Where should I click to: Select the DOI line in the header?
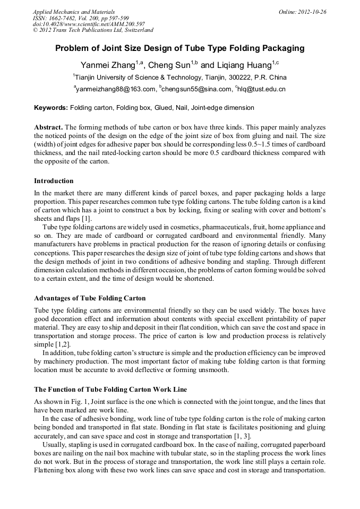click(89, 24)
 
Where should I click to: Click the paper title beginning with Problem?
click(179, 48)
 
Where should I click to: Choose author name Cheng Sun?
click(168, 66)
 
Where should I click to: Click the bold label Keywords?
click(51, 108)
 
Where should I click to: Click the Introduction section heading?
click(54, 181)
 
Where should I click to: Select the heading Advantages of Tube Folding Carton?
click(89, 298)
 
